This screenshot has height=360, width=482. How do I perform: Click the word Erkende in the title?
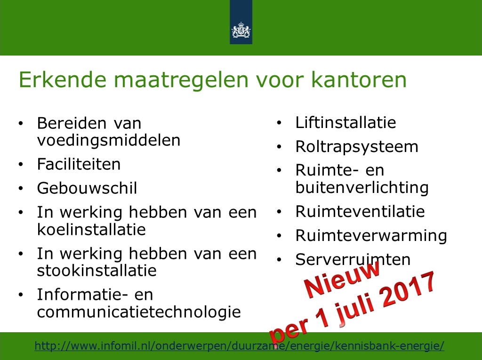pyautogui.click(x=63, y=80)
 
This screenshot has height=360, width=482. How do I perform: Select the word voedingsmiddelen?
pyautogui.click(x=109, y=141)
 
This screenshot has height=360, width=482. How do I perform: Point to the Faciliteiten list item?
pyautogui.click(x=79, y=164)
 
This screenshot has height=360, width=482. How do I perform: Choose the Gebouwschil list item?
pyautogui.click(x=87, y=188)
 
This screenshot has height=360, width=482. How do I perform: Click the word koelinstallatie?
pyautogui.click(x=91, y=229)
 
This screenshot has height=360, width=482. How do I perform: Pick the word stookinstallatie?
pyautogui.click(x=97, y=271)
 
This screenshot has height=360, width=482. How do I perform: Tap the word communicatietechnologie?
pyautogui.click(x=139, y=312)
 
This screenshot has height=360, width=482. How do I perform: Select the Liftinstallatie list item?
pyautogui.click(x=346, y=122)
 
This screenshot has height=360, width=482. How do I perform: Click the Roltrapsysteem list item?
pyautogui.click(x=357, y=147)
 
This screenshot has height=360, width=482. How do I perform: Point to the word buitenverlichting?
pyautogui.click(x=362, y=188)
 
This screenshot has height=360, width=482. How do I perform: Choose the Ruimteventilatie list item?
pyautogui.click(x=360, y=211)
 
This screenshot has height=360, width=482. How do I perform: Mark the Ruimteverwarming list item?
pyautogui.click(x=371, y=235)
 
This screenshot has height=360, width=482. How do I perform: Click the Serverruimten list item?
pyautogui.click(x=353, y=259)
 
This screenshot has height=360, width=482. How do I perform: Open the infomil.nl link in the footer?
pyautogui.click(x=240, y=346)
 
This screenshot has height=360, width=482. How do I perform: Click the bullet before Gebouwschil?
pyautogui.click(x=21, y=188)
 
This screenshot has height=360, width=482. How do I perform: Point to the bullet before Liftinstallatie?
pyautogui.click(x=279, y=123)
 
